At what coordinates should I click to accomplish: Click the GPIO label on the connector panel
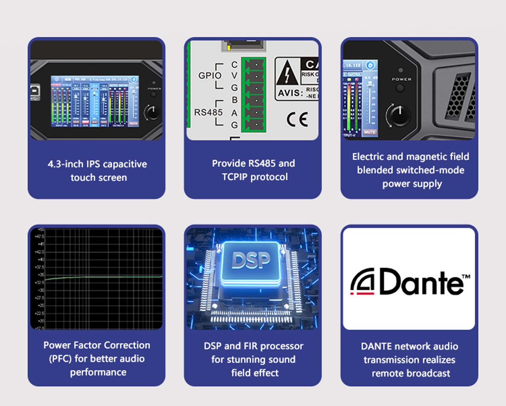(x=210, y=75)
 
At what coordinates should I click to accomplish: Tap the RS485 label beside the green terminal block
(x=208, y=112)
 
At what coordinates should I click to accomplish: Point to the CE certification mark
(x=298, y=119)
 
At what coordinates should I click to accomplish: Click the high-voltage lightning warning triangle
(x=287, y=74)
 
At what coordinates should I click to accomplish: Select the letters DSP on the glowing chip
(x=251, y=260)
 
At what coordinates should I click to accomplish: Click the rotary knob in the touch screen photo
(x=152, y=112)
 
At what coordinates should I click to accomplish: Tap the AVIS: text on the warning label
(x=290, y=93)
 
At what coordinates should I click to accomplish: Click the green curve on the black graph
(x=101, y=277)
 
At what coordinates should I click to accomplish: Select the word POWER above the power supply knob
(x=401, y=79)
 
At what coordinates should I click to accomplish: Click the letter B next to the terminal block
(x=234, y=100)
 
